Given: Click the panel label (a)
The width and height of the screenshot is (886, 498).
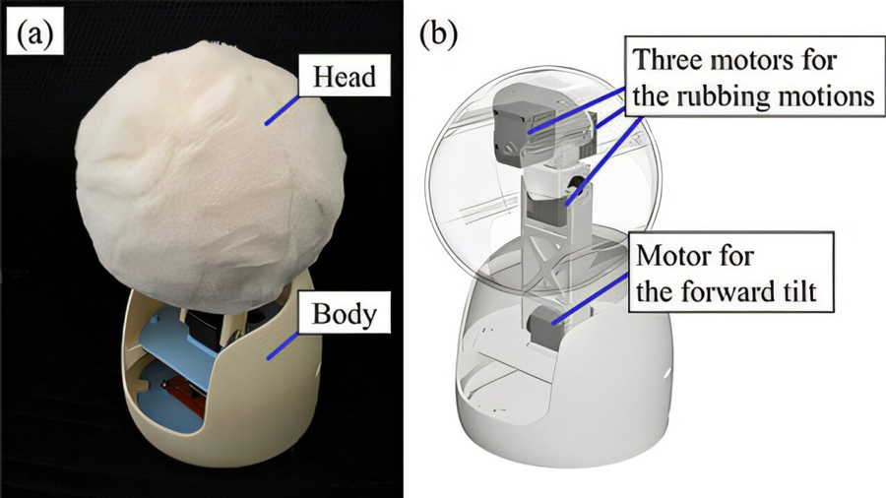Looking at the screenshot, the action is [x=34, y=35].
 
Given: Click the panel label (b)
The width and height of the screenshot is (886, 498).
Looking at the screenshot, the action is [x=438, y=35].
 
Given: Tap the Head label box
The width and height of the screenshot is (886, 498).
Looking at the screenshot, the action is [x=344, y=76].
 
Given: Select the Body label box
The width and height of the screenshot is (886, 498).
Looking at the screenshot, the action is [x=344, y=313].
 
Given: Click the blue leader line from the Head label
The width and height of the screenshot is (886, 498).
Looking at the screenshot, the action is [x=282, y=110].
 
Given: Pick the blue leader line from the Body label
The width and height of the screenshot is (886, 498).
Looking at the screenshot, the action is [x=283, y=345].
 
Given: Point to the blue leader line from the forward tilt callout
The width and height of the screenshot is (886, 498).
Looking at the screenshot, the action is [x=590, y=298].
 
